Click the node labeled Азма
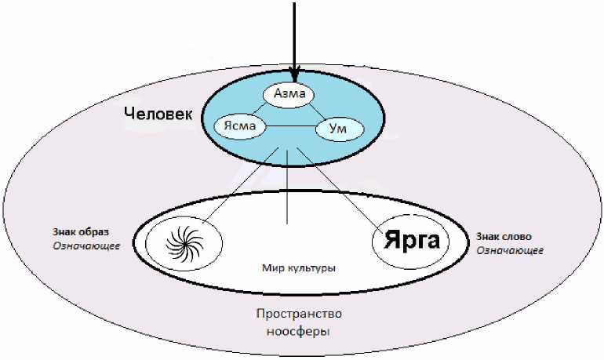pyautogui.click(x=289, y=95)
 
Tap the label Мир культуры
pyautogui.click(x=299, y=268)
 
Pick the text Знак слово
pyautogui.click(x=505, y=236)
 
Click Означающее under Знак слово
pyautogui.click(x=509, y=250)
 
